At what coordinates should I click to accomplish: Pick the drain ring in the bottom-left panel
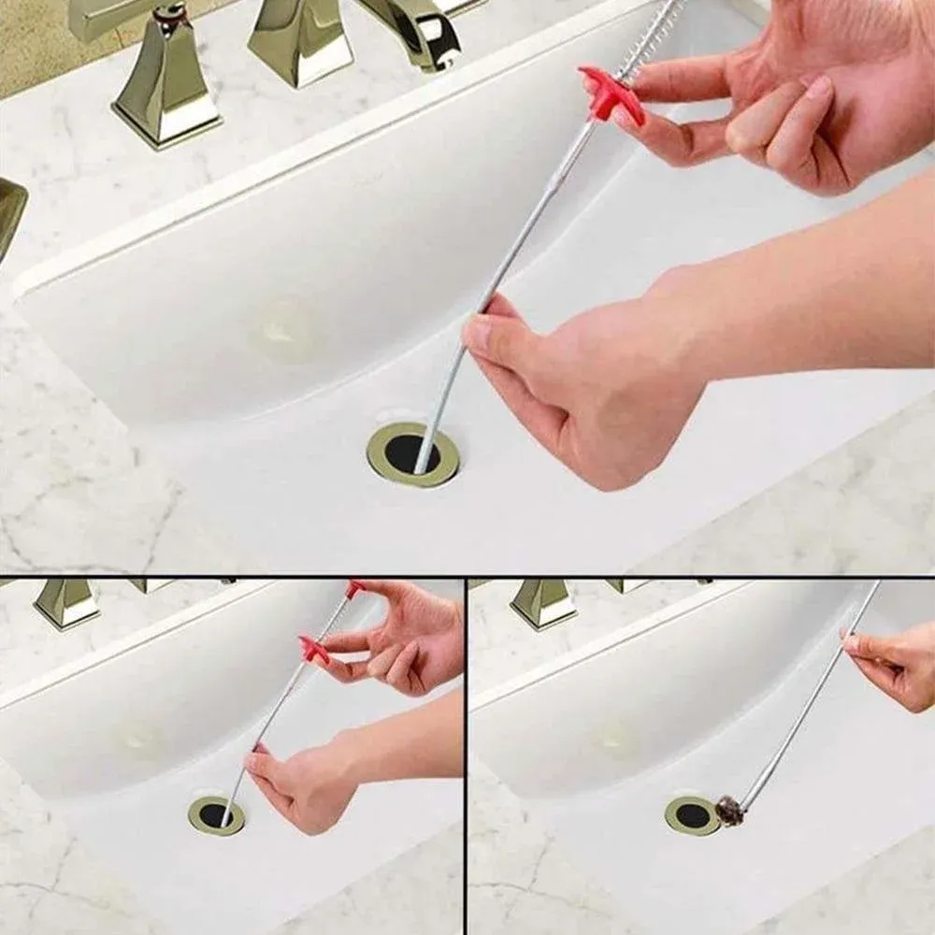click(216, 815)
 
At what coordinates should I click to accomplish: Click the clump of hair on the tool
click(729, 810)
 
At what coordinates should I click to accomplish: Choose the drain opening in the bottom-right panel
click(693, 815)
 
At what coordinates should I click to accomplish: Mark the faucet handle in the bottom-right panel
click(543, 603)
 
